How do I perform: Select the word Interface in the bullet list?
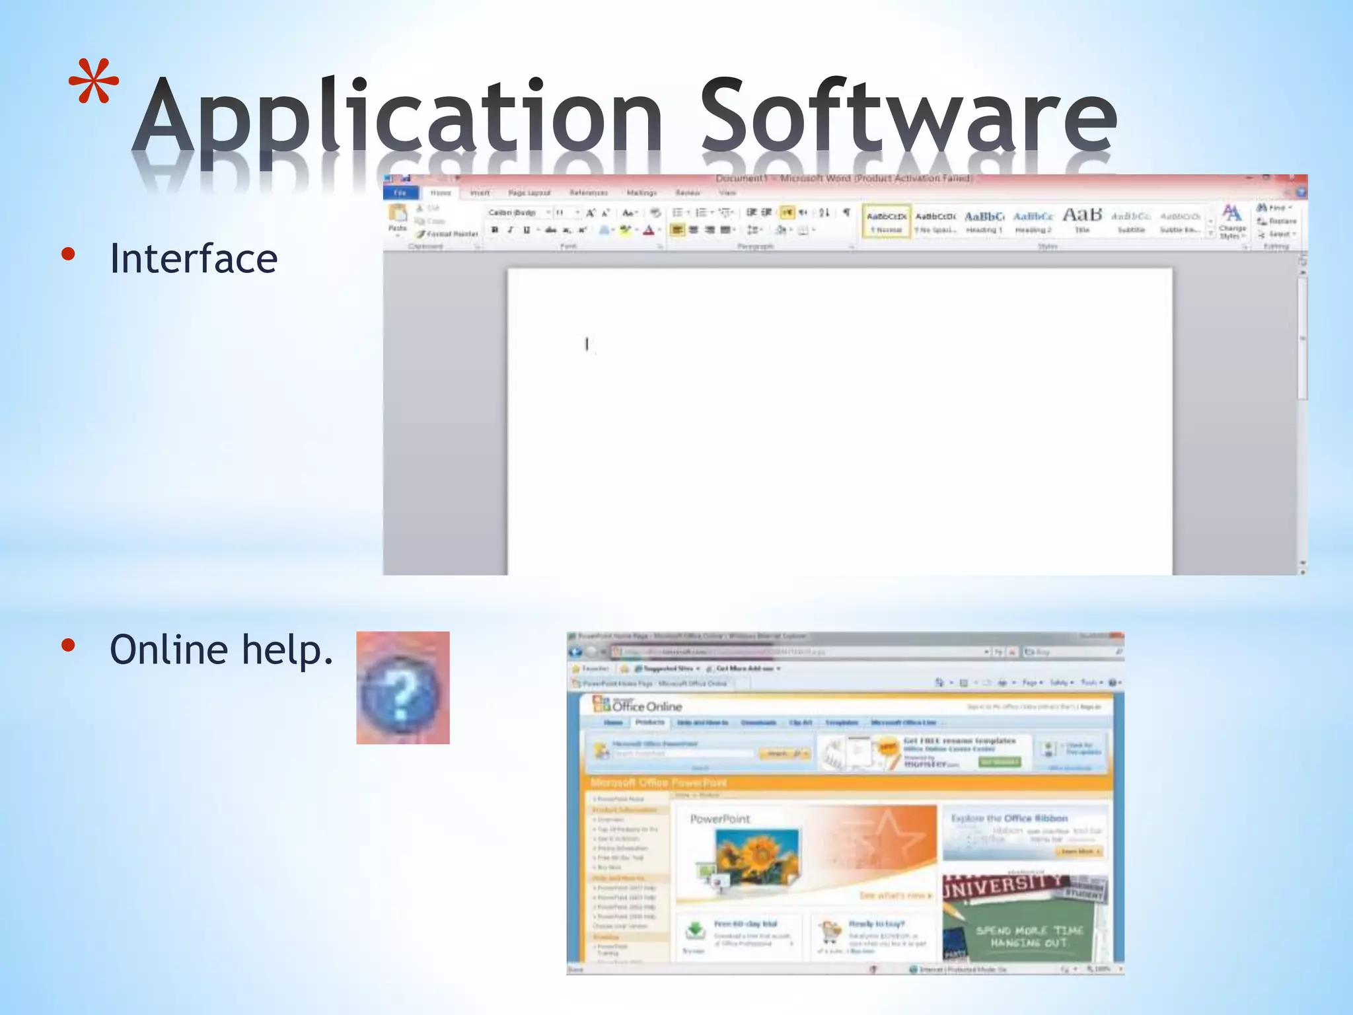coord(194,258)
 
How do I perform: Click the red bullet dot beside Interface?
coord(68,254)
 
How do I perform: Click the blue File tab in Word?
coord(400,193)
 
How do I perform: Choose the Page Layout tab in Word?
coord(529,193)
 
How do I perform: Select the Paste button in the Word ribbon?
coord(398,219)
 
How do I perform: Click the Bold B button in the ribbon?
coord(495,230)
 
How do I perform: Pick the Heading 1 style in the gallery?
coord(984,221)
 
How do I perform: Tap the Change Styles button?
coord(1231,221)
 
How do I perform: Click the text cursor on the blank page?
coord(587,344)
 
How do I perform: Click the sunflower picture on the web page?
coord(757,854)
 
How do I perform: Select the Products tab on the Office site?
coord(649,722)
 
